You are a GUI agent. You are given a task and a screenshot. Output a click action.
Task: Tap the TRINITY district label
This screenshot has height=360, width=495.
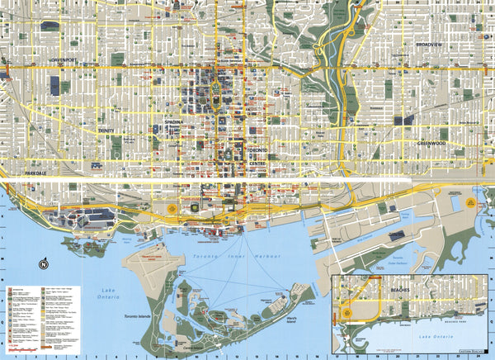(105, 130)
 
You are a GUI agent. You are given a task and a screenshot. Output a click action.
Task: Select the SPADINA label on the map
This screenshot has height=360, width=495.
(173, 121)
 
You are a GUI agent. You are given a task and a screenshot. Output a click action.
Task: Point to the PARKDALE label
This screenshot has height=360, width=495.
(37, 174)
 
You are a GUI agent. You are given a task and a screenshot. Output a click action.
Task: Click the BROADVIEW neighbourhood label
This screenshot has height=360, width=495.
(430, 43)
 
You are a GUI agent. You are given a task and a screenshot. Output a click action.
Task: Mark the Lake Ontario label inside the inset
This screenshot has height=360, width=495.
(436, 339)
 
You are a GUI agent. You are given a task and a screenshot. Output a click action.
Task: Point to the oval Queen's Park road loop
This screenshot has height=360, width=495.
(219, 88)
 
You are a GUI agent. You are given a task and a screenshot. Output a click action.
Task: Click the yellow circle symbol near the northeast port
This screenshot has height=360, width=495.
(474, 201)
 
